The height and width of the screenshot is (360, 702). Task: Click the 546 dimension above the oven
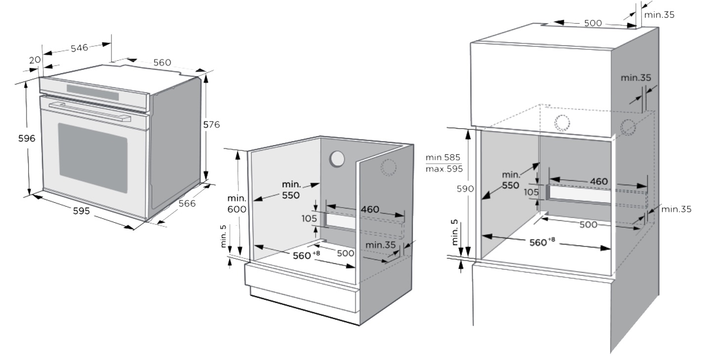tap(79, 48)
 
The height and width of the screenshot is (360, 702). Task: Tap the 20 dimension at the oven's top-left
tap(34, 60)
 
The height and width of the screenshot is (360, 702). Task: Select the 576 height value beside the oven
tap(211, 124)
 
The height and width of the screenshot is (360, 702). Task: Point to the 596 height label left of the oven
tap(27, 138)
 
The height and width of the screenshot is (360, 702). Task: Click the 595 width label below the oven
tap(81, 211)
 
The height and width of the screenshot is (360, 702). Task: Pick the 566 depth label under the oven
tap(187, 203)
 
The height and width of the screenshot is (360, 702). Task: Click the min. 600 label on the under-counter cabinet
tap(237, 203)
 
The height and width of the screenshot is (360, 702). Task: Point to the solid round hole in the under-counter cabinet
tap(337, 159)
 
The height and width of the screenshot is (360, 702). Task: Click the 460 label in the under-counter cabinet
tap(370, 209)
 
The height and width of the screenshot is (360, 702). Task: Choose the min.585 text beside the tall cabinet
tap(443, 157)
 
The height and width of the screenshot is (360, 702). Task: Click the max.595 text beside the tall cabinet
tap(443, 169)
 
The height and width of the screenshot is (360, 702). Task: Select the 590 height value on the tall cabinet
tap(465, 189)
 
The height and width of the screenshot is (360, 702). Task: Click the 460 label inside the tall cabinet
tap(599, 182)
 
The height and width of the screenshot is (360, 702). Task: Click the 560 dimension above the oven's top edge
tap(162, 62)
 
